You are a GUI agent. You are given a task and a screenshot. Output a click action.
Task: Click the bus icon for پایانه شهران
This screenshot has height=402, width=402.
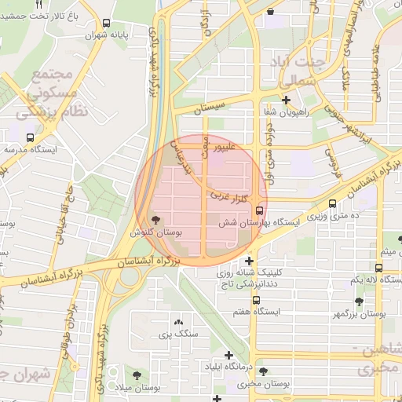pyautogui.click(x=107, y=24)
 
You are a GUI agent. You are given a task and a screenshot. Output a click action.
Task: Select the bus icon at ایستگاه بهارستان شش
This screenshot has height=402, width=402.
pyautogui.click(x=259, y=210)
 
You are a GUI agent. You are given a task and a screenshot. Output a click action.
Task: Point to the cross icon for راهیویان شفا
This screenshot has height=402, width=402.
pyautogui.click(x=287, y=100)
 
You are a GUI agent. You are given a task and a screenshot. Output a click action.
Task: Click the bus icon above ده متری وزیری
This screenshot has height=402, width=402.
pyautogui.click(x=333, y=204)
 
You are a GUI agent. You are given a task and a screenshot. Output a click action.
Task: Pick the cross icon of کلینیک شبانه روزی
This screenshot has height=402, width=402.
pyautogui.click(x=250, y=261)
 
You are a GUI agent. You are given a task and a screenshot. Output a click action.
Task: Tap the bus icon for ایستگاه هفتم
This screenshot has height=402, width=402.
pyautogui.click(x=256, y=300)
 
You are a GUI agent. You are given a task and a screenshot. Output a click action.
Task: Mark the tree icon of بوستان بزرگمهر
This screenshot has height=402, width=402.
pyautogui.click(x=359, y=301)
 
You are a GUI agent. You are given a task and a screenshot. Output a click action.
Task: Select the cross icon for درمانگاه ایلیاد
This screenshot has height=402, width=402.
pyautogui.click(x=228, y=355)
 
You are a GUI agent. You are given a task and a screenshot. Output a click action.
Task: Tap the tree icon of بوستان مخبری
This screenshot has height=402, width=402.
pyautogui.click(x=262, y=371)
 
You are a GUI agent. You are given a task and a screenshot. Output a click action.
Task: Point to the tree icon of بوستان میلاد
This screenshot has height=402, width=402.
pyautogui.click(x=138, y=375)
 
